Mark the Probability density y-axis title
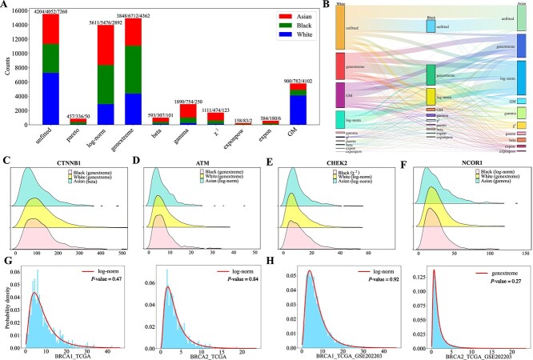tap(6, 301)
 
